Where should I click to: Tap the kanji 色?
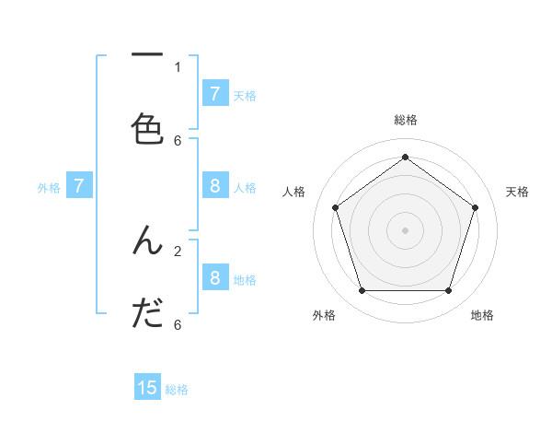(147, 129)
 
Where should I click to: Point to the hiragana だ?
(147, 314)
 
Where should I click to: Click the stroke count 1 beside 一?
(178, 66)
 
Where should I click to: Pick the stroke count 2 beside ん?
(178, 250)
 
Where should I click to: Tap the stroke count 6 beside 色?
(178, 140)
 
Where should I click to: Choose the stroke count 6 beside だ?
(178, 324)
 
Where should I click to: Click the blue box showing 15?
(147, 388)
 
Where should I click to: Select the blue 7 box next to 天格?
(214, 94)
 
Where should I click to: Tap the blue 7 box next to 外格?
(79, 186)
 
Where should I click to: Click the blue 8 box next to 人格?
(214, 186)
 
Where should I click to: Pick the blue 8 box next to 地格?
(214, 278)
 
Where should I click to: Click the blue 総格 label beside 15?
(177, 390)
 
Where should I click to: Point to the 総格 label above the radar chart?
(405, 121)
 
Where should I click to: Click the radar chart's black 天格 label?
(517, 192)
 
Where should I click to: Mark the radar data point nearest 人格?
(335, 207)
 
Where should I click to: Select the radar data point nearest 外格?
(362, 291)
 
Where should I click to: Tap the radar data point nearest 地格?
(448, 291)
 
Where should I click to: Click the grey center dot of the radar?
(405, 229)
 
